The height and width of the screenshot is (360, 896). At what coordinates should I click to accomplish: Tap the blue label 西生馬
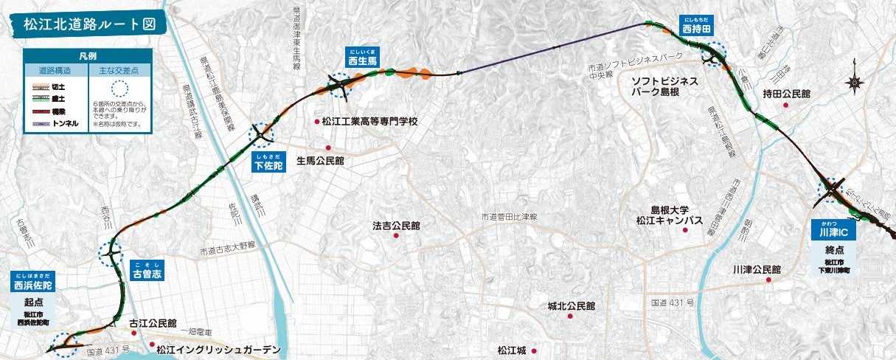363,61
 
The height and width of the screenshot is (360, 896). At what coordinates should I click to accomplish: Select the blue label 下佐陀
268,165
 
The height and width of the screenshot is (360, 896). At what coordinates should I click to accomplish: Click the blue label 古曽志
147,273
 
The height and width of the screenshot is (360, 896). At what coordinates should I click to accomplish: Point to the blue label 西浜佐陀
33,285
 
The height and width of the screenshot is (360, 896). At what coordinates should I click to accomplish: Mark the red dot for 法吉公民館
396,235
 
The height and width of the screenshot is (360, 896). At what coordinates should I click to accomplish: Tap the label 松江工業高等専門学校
370,122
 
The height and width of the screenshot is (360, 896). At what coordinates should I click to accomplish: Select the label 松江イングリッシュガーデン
218,349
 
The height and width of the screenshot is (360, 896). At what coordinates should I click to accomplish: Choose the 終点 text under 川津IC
835,249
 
